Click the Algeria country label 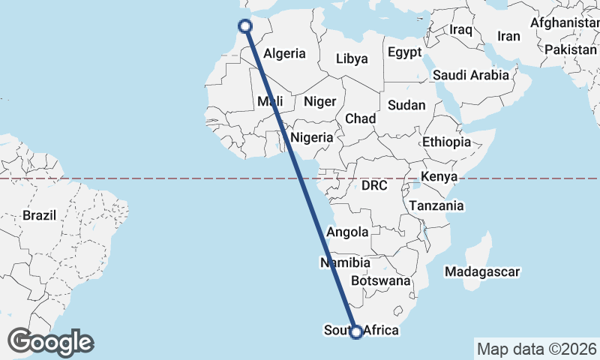pos(285,53)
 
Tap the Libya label pos(352,58)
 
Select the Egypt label pos(405,52)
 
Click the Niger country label pos(319,101)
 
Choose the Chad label pos(360,118)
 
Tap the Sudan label pos(407,106)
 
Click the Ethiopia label pos(446,142)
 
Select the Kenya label pos(439,176)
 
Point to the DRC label pos(373,185)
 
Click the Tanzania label pos(436,205)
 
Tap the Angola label pos(347,232)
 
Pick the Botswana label pos(386,281)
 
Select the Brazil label pos(40,215)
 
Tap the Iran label pos(508,36)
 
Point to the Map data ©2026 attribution pos(536,349)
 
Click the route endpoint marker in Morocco pos(244,27)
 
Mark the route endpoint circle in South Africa pos(357,331)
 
